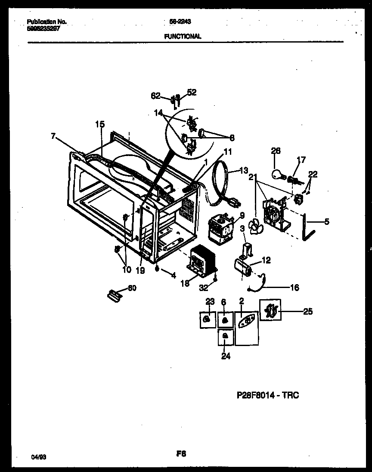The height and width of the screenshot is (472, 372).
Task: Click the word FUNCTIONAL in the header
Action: click(x=183, y=37)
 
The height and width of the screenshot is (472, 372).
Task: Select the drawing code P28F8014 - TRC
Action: click(x=267, y=395)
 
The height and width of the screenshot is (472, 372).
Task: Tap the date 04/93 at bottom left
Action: click(x=39, y=458)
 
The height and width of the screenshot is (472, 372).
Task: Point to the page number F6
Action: click(x=181, y=454)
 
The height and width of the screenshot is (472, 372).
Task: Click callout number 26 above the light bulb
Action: click(x=276, y=151)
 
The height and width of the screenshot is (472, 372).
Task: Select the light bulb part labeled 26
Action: click(x=278, y=173)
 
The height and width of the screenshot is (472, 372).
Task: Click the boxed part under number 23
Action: click(x=207, y=319)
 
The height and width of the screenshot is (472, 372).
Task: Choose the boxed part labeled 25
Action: click(x=270, y=310)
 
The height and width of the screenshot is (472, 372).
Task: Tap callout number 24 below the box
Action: click(x=226, y=356)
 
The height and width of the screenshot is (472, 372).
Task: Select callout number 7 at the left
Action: click(x=53, y=136)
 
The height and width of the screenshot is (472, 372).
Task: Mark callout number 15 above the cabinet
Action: click(x=99, y=125)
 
